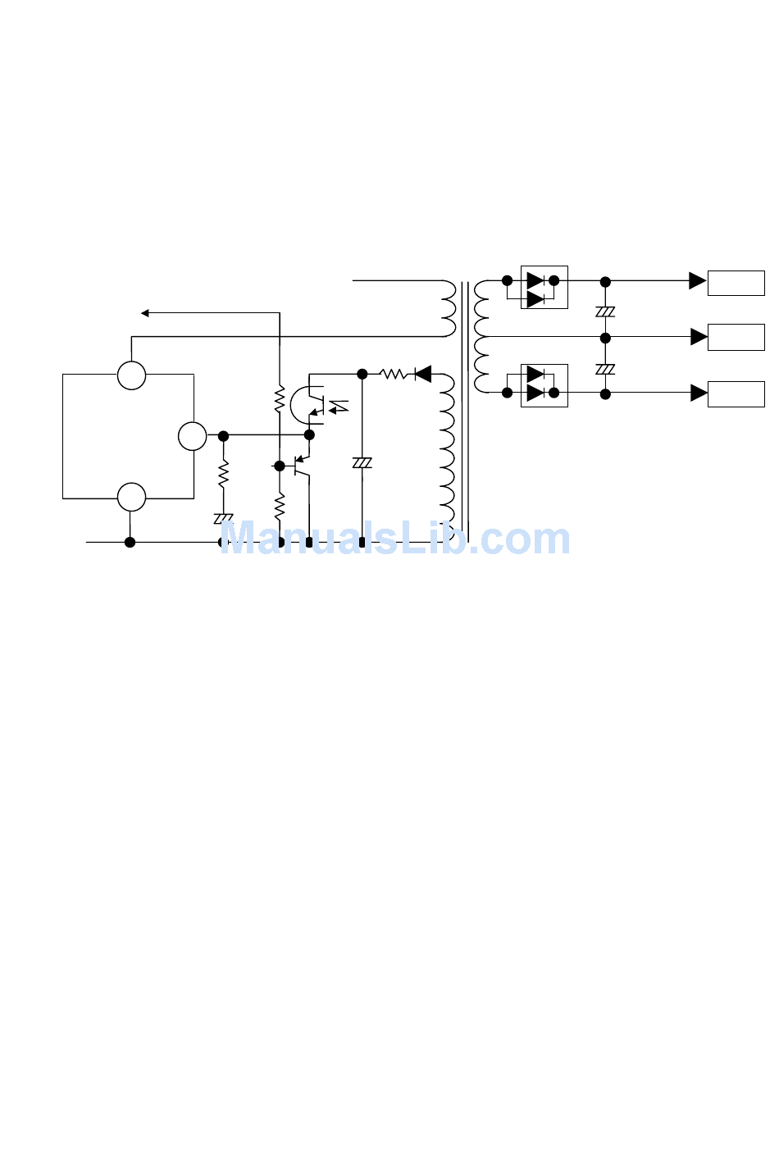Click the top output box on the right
click(x=736, y=283)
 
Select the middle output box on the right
click(x=736, y=337)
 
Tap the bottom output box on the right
click(x=736, y=393)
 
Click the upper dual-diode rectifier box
click(x=544, y=287)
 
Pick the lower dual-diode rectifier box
click(x=544, y=385)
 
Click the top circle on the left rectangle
click(x=131, y=375)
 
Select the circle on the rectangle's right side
click(x=193, y=436)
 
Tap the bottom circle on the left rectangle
click(x=131, y=497)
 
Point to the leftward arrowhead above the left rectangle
click(x=145, y=312)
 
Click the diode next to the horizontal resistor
click(x=423, y=375)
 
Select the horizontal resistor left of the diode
click(x=394, y=375)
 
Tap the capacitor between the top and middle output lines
click(x=605, y=311)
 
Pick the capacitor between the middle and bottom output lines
click(x=605, y=369)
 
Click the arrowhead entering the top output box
click(x=697, y=281)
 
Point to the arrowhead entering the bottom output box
click(x=698, y=393)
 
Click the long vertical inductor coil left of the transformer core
click(x=447, y=451)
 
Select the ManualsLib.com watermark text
click(x=394, y=539)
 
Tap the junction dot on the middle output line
click(x=605, y=338)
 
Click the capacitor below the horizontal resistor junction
click(x=362, y=463)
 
